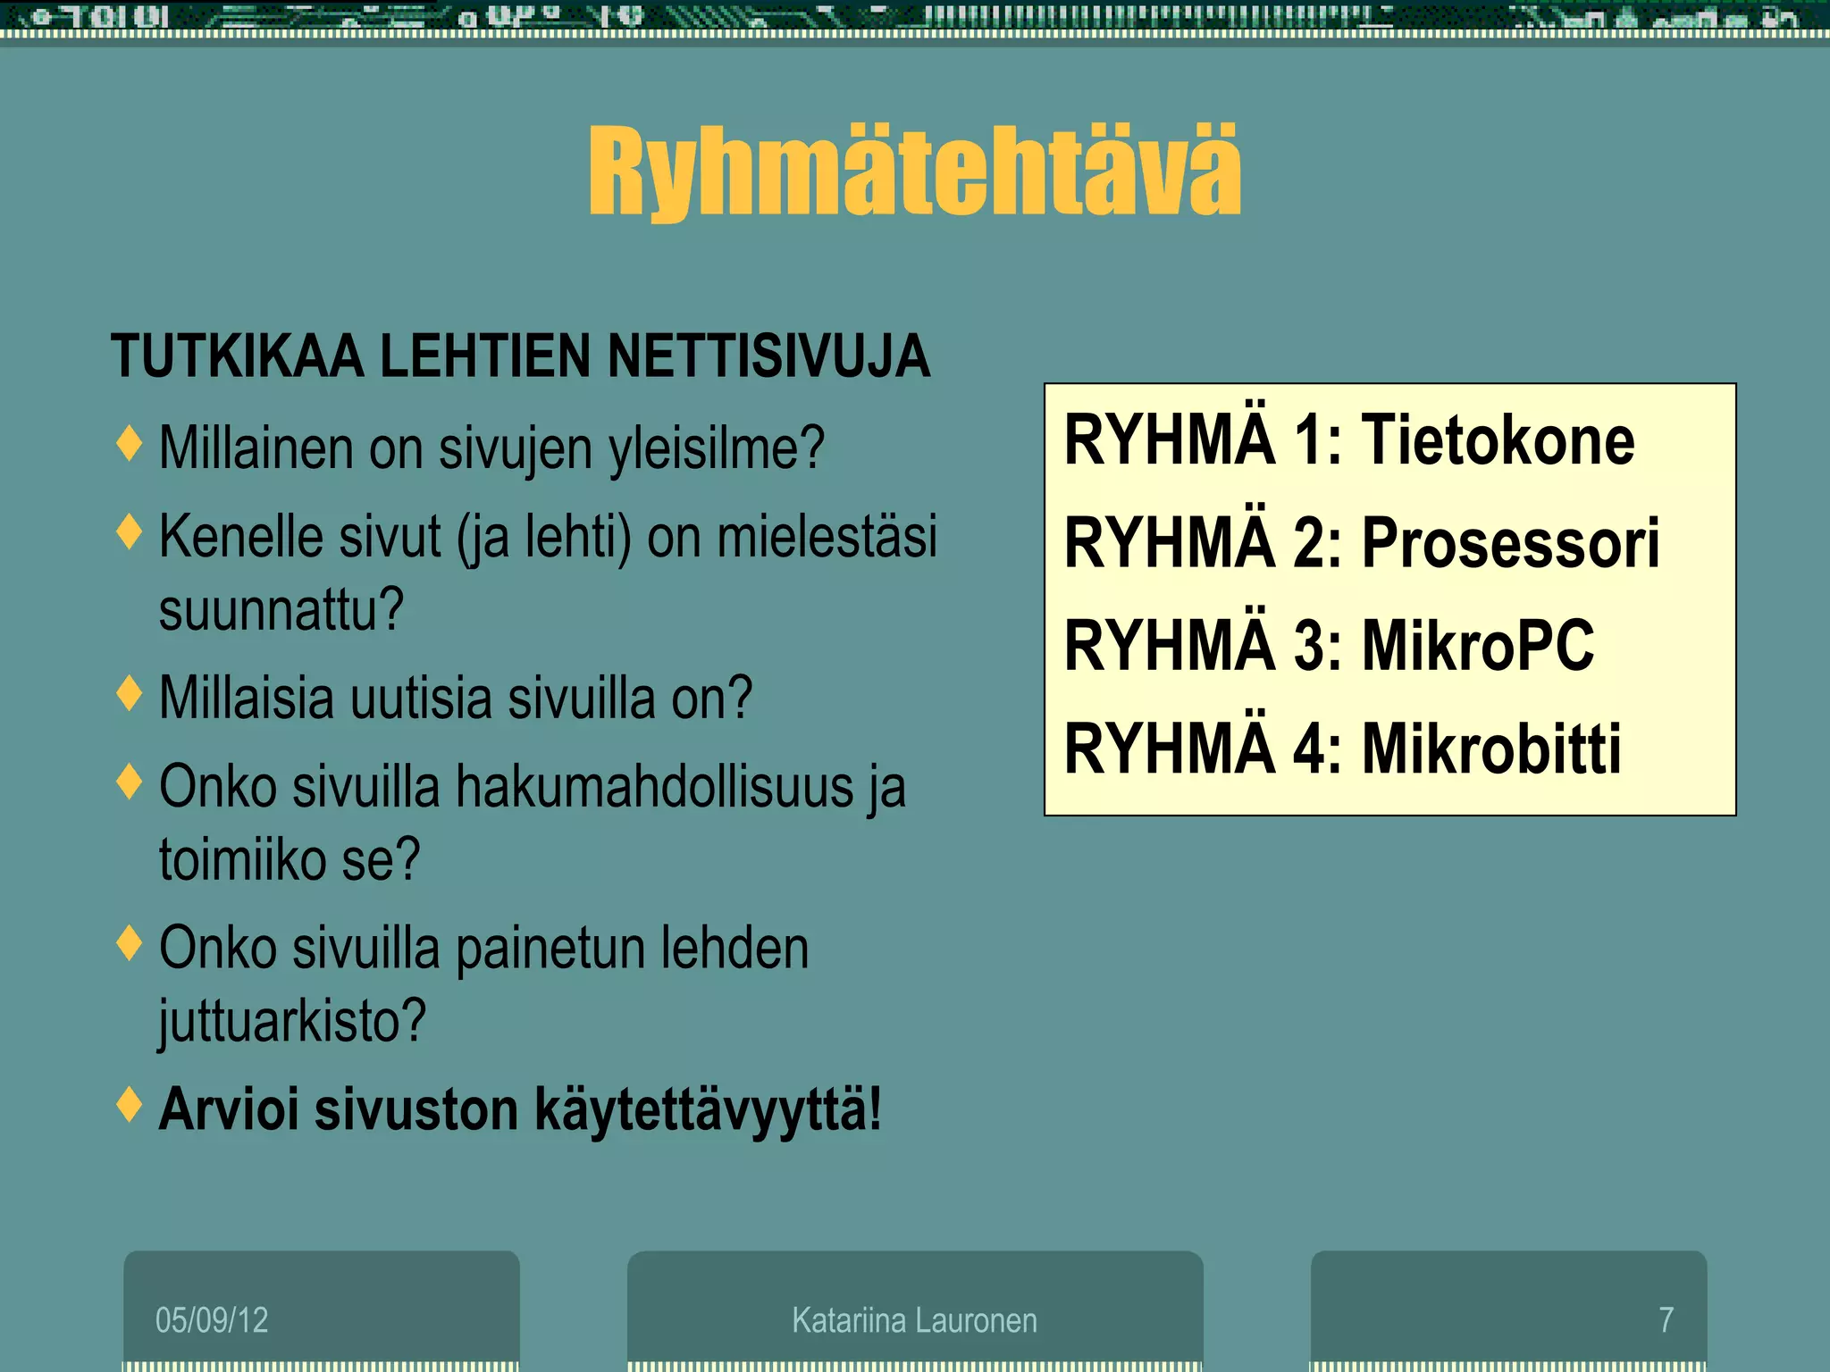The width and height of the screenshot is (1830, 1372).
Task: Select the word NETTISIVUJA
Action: [x=768, y=356]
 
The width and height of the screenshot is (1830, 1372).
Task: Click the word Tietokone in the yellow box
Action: [x=1498, y=440]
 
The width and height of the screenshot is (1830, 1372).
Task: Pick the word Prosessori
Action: [x=1510, y=543]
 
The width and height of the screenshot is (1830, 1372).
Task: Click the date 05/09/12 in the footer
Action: [x=212, y=1319]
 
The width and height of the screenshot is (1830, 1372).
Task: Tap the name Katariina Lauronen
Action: [x=914, y=1319]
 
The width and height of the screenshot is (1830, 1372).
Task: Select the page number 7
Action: [x=1666, y=1319]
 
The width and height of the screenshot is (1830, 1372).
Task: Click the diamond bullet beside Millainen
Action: [x=130, y=444]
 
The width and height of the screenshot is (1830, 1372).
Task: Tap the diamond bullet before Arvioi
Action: [x=130, y=1105]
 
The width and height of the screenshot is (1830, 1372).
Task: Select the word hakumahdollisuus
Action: [x=655, y=787]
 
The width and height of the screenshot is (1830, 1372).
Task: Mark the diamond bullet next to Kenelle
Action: [x=130, y=532]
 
